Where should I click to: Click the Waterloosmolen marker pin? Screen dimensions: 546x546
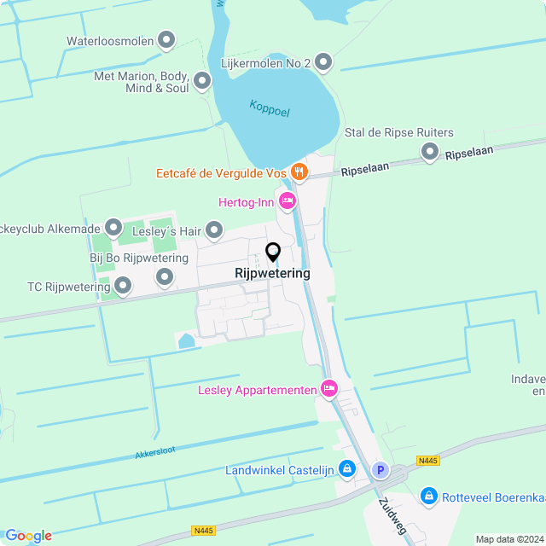tap(166, 39)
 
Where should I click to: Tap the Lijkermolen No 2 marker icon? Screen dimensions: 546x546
tap(323, 61)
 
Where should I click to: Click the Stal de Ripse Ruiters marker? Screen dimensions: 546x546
tap(430, 153)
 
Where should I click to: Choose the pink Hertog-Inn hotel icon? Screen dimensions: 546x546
tap(287, 201)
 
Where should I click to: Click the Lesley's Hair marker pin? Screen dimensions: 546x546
tap(213, 229)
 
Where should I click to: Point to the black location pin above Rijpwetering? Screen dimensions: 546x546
tap(273, 253)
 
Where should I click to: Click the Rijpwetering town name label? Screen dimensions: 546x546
tap(272, 274)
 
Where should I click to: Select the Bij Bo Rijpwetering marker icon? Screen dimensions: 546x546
tap(164, 277)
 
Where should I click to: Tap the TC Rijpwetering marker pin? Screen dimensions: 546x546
tap(123, 287)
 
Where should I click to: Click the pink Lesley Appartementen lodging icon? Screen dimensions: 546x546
tap(328, 390)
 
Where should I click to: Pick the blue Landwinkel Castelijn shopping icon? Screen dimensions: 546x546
tap(347, 469)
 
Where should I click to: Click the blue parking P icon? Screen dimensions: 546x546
tap(380, 470)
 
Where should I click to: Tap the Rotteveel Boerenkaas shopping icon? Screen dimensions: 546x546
tap(429, 496)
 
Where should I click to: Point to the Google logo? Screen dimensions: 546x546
tap(28, 535)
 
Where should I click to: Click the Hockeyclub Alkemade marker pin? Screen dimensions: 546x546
tap(113, 228)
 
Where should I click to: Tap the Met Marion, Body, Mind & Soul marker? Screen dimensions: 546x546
tap(202, 81)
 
